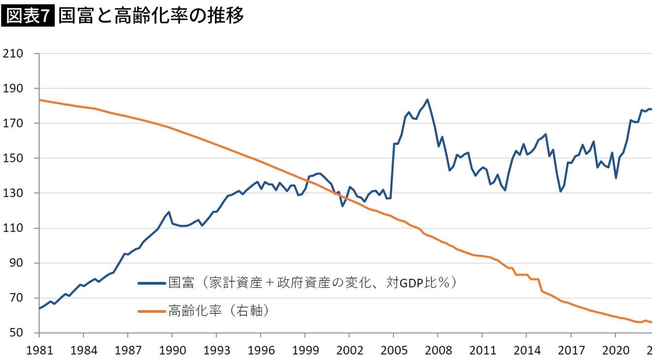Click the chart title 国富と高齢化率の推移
pyautogui.click(x=150, y=16)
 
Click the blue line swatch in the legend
pyautogui.click(x=152, y=283)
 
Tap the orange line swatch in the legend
pyautogui.click(x=152, y=311)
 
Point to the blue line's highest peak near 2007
pyautogui.click(x=427, y=99)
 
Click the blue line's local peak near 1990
pyautogui.click(x=169, y=212)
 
